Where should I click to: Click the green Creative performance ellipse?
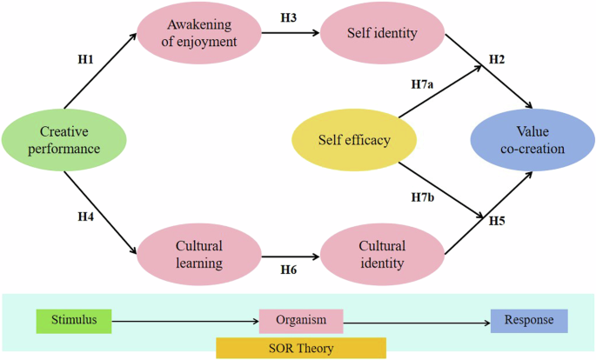click(x=65, y=140)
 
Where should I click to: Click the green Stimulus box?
click(x=74, y=320)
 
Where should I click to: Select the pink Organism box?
click(x=302, y=320)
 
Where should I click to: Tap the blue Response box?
click(x=529, y=320)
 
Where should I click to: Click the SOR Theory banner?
click(x=300, y=348)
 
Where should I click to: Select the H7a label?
click(x=425, y=85)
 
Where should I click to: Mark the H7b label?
click(x=424, y=198)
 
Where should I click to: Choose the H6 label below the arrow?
click(x=290, y=271)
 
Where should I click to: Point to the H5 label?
click(x=496, y=220)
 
